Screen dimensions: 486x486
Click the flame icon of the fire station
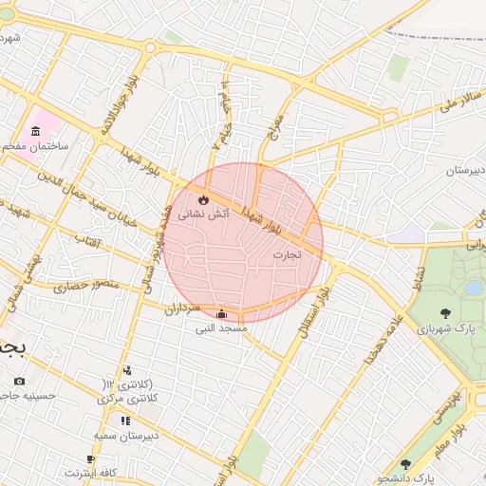point(202,198)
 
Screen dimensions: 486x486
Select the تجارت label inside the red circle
point(286,254)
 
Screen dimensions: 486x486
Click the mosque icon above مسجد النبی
point(221,314)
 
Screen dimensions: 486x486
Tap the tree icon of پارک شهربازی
point(445,312)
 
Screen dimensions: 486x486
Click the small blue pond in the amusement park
point(473,287)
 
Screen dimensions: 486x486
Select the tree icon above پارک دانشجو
point(406,464)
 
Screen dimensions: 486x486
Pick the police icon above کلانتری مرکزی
point(127,370)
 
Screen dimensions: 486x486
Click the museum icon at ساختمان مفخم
point(36,130)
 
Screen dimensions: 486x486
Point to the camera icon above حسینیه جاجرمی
point(20,381)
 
